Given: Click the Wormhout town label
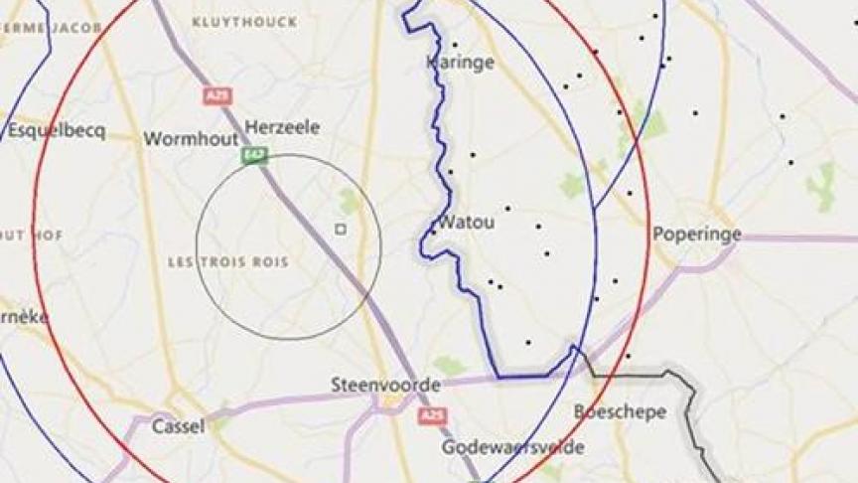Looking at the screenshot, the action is [x=185, y=139].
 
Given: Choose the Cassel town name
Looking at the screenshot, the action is [x=179, y=426].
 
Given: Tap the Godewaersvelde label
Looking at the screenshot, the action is [x=512, y=447].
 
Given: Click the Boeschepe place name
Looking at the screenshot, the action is [x=620, y=411].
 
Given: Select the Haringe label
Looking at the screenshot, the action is [x=460, y=63].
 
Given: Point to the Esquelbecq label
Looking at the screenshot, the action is [x=56, y=131].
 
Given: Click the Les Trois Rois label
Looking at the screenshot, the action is [x=228, y=262].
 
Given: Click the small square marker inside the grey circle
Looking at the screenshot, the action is [x=341, y=229].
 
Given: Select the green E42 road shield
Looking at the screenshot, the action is [x=254, y=155].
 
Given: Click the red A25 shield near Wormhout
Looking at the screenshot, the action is [x=216, y=96].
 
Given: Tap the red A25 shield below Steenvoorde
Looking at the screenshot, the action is [x=431, y=414].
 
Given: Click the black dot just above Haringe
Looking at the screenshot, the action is [x=455, y=45].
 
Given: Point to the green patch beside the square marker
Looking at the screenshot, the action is [x=349, y=202].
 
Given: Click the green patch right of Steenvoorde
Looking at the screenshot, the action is [x=450, y=366].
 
